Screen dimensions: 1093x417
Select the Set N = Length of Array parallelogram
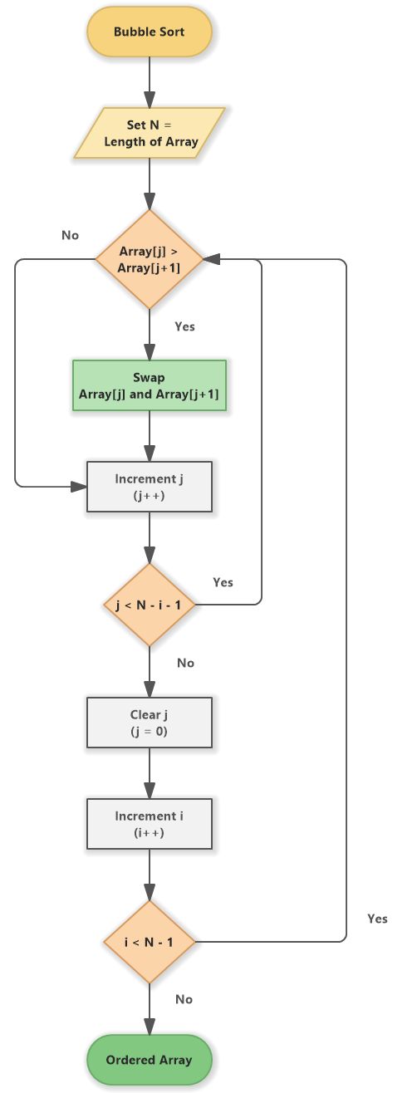(150, 133)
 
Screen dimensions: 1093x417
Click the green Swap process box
(150, 386)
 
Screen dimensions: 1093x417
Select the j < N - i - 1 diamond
(150, 605)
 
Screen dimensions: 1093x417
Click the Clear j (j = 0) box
(150, 723)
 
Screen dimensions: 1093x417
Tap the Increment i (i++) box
(150, 824)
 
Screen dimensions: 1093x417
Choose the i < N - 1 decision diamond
(150, 942)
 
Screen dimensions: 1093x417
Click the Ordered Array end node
(150, 1060)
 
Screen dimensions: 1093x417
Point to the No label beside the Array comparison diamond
(70, 235)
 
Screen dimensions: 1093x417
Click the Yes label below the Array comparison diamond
(184, 326)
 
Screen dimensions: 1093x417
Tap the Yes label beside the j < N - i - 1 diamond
(223, 582)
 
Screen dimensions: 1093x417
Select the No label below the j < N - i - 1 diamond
(185, 663)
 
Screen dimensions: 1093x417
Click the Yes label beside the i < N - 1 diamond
(376, 919)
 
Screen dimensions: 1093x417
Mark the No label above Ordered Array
(184, 999)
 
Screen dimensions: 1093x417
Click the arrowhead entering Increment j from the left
(81, 488)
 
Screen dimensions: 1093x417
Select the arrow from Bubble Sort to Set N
(150, 81)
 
